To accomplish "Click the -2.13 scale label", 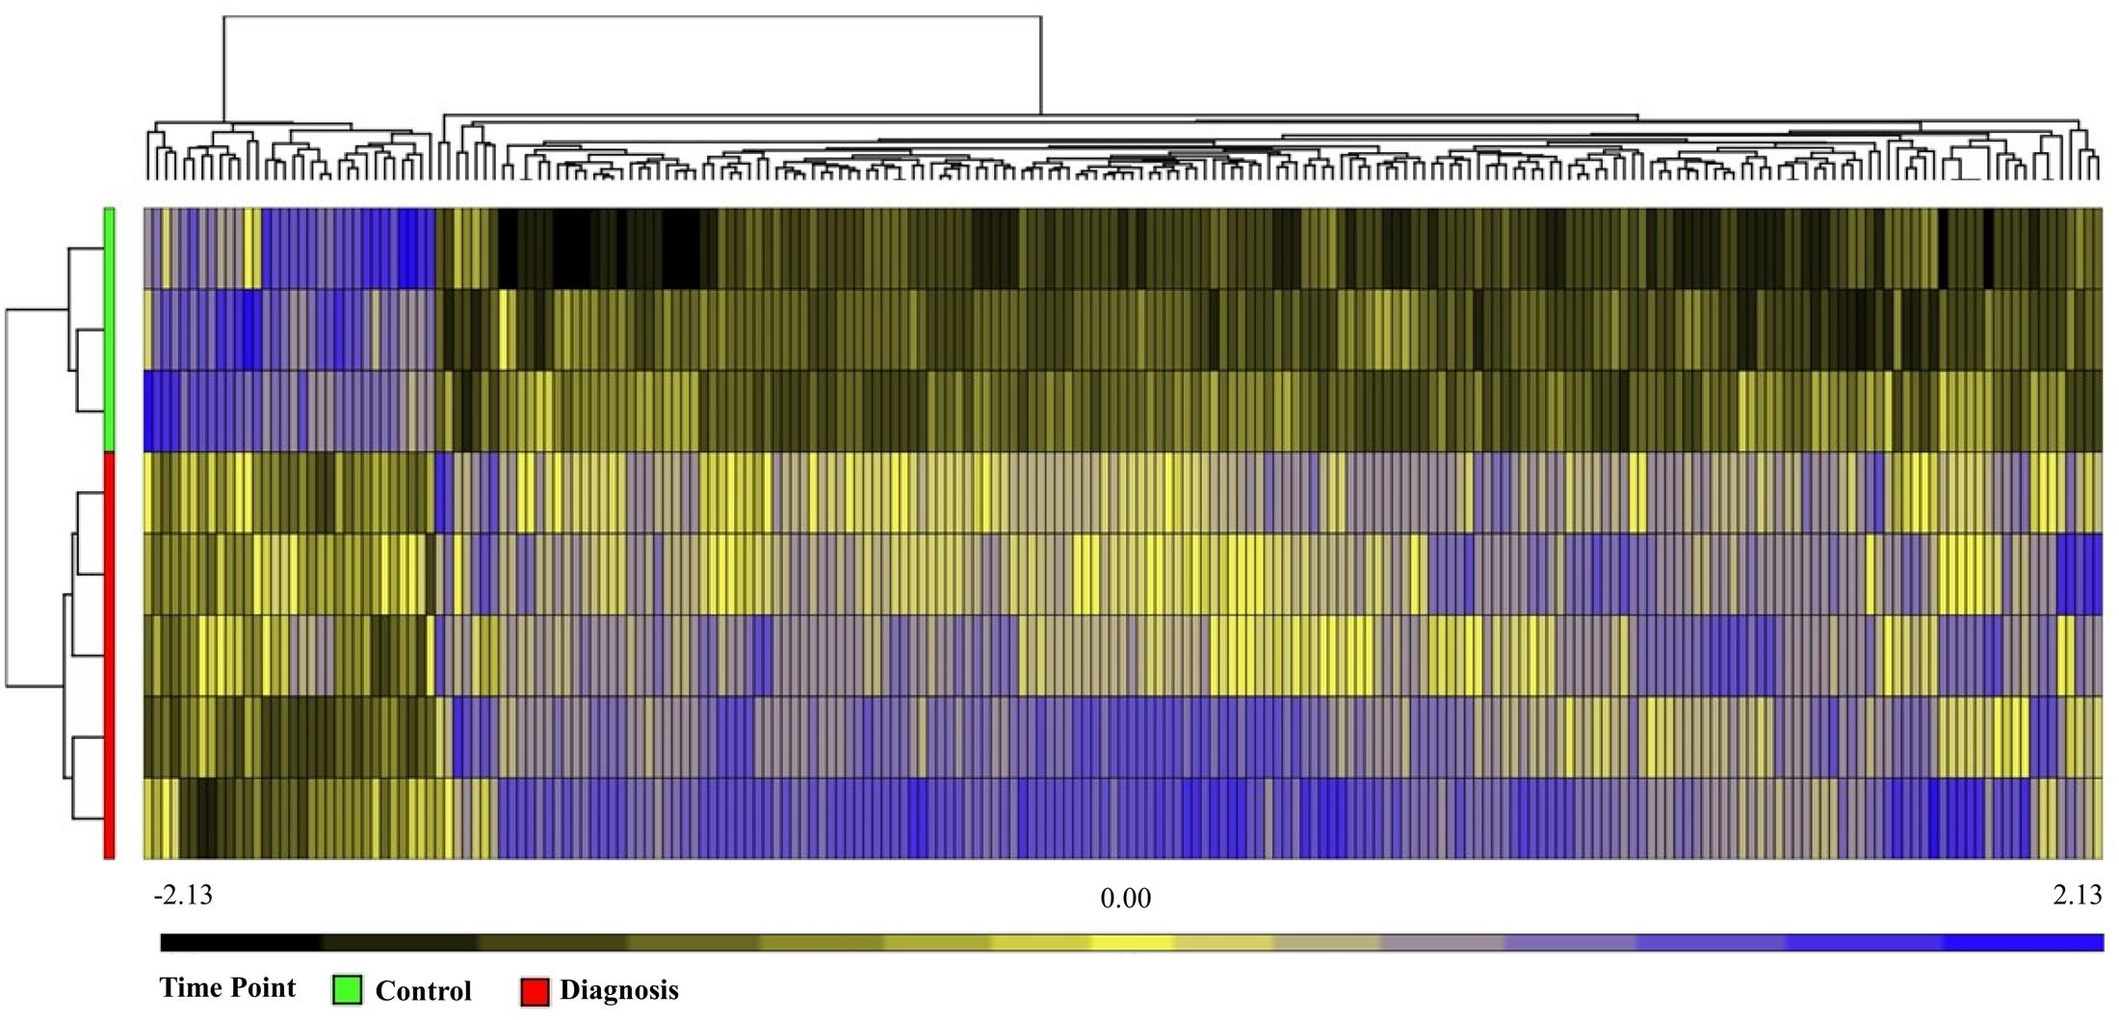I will pyautogui.click(x=183, y=896).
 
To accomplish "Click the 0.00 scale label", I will pyautogui.click(x=1125, y=899).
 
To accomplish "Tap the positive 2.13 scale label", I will pyautogui.click(x=2077, y=896).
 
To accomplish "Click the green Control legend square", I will pyautogui.click(x=347, y=990).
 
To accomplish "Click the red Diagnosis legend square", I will pyautogui.click(x=535, y=991).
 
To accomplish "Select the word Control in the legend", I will pyautogui.click(x=423, y=991).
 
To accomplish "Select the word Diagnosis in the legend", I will pyautogui.click(x=618, y=990).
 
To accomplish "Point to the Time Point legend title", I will pyautogui.click(x=227, y=988).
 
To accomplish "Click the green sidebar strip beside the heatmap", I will pyautogui.click(x=110, y=327).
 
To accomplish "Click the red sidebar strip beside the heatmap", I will pyautogui.click(x=110, y=655).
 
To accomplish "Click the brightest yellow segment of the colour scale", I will pyautogui.click(x=1132, y=942).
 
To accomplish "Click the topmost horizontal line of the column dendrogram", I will pyautogui.click(x=632, y=16).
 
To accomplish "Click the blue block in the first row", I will pyautogui.click(x=347, y=248).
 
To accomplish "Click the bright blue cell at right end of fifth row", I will pyautogui.click(x=2080, y=573).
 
